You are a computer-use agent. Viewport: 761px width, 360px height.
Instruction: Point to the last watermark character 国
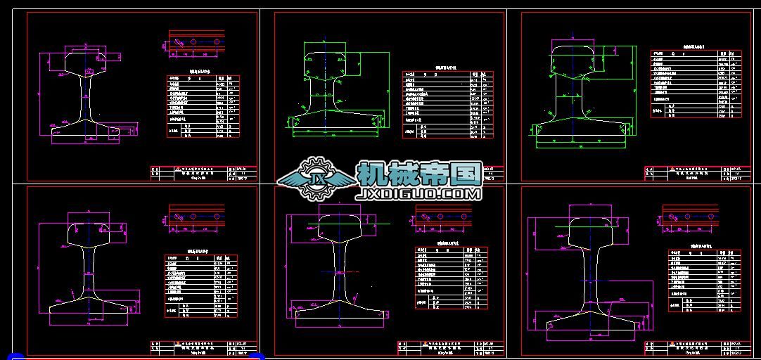pyautogui.click(x=467, y=173)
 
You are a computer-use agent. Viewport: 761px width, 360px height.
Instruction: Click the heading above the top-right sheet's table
pyautogui.click(x=696, y=46)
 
